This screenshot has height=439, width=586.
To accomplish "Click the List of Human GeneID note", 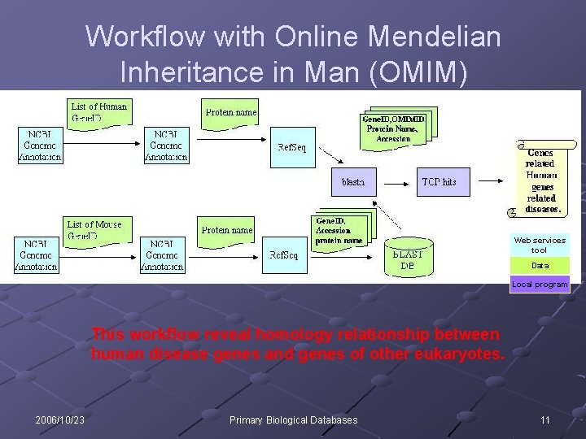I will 98,111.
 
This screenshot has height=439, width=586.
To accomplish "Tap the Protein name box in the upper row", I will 230,111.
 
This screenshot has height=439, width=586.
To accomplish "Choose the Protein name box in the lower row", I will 226,229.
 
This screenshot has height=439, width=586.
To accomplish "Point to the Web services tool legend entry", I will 540,245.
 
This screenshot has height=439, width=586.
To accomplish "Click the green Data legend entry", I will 540,266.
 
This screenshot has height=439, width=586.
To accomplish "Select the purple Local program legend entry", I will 540,285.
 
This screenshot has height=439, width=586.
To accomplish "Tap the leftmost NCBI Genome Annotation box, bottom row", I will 36,254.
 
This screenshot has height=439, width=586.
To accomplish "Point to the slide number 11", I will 544,419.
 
